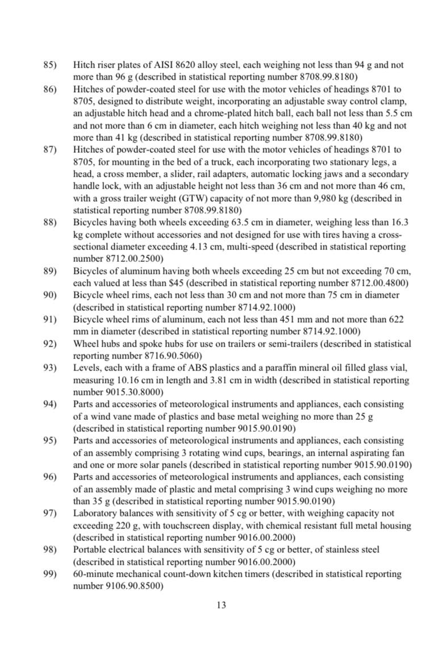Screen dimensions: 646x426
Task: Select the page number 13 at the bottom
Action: coord(222,605)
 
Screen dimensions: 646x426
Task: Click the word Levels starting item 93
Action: coord(86,368)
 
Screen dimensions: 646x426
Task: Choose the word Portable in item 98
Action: coord(90,549)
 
